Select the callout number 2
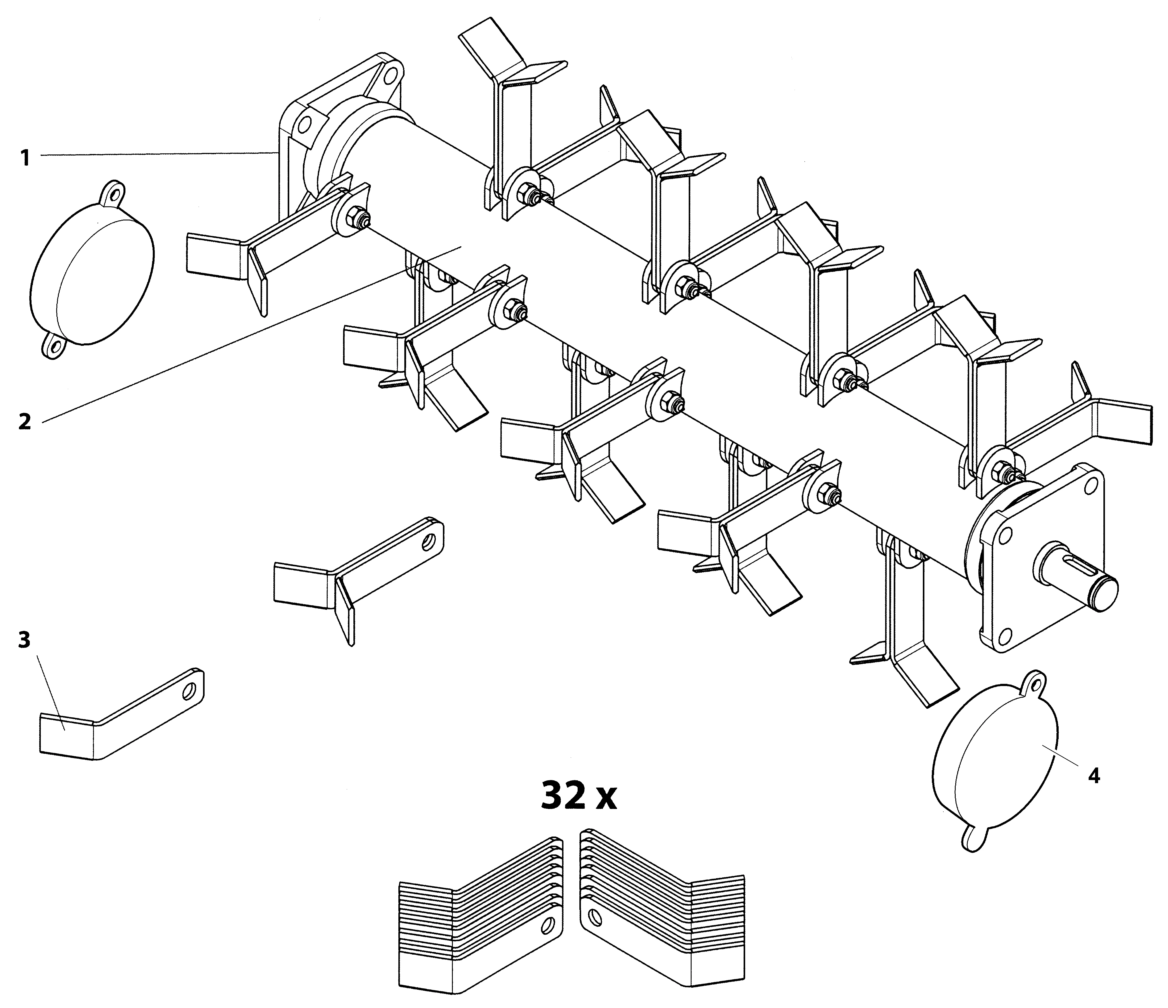pyautogui.click(x=24, y=421)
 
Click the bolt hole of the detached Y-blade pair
pyautogui.click(x=429, y=540)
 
